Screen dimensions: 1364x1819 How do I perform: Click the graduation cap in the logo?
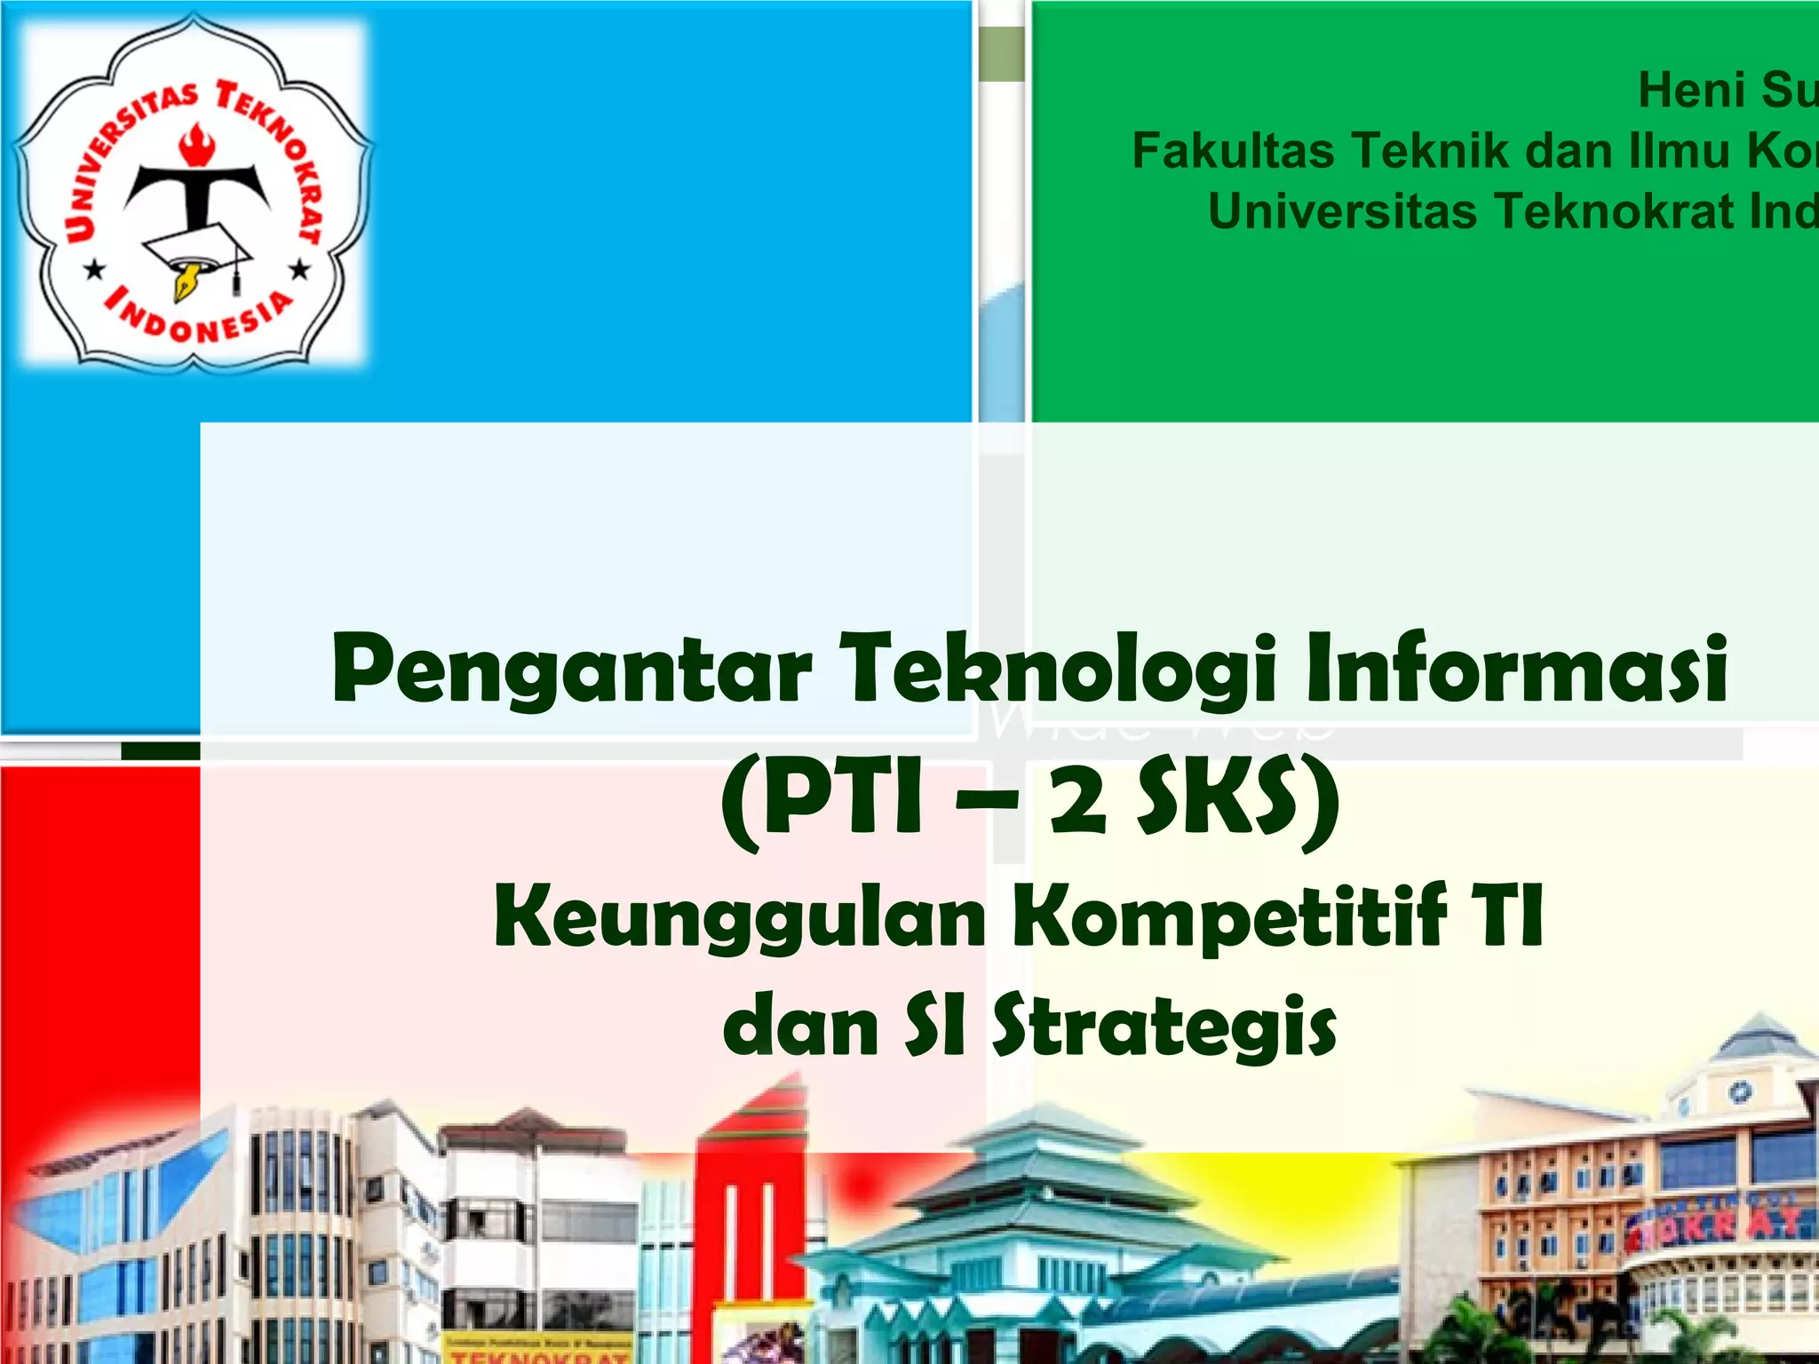click(201, 253)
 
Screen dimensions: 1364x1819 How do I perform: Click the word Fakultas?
click(1232, 151)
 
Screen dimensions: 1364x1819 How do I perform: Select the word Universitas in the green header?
click(1342, 211)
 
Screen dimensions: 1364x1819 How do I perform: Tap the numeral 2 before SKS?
click(1078, 798)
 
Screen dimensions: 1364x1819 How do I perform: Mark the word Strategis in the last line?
click(1164, 1027)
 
